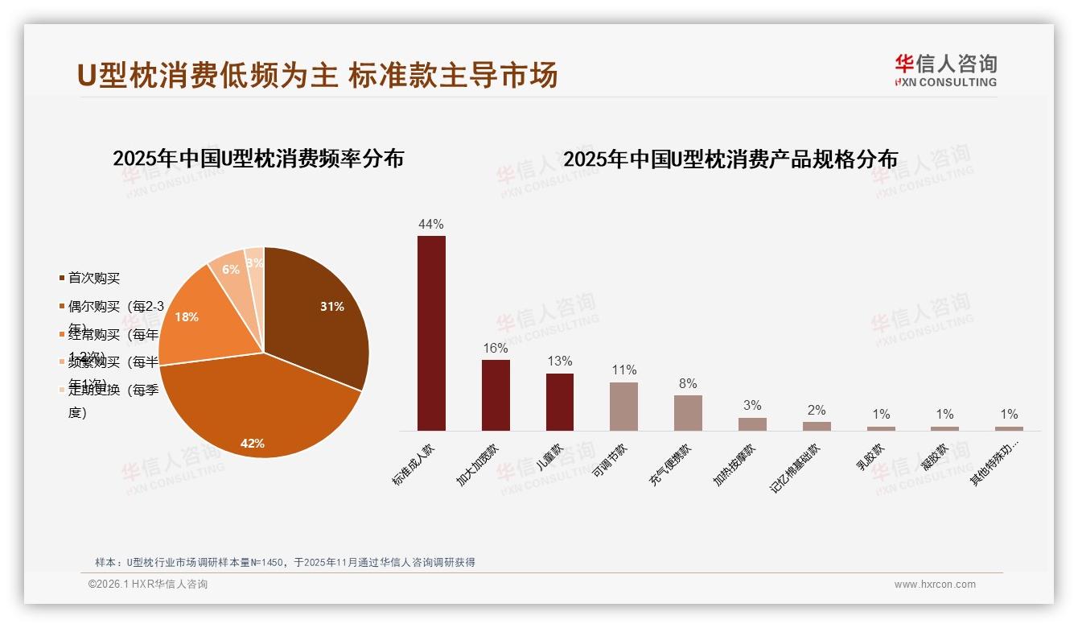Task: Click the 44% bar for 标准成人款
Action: pyautogui.click(x=431, y=333)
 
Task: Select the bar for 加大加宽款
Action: pyautogui.click(x=496, y=395)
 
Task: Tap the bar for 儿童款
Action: pyautogui.click(x=560, y=402)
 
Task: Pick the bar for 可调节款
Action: pyautogui.click(x=623, y=406)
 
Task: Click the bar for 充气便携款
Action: pyautogui.click(x=688, y=412)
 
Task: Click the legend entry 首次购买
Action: pyautogui.click(x=93, y=278)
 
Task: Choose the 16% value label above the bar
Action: pyautogui.click(x=496, y=348)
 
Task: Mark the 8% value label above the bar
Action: pyautogui.click(x=688, y=383)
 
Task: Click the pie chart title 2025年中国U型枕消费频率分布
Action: pyautogui.click(x=258, y=159)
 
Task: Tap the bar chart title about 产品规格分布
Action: pyautogui.click(x=730, y=159)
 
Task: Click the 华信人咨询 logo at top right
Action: pyautogui.click(x=945, y=70)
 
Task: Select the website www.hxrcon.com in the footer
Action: pyautogui.click(x=935, y=585)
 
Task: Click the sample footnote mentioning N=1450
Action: pyautogui.click(x=285, y=562)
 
